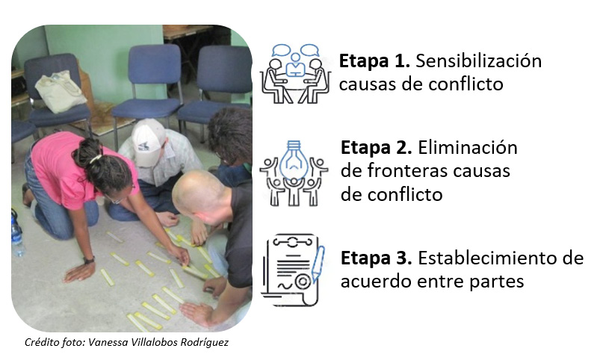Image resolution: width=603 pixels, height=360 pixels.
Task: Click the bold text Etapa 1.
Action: [x=374, y=61]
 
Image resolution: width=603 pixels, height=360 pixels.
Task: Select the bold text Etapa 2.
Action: [x=376, y=148]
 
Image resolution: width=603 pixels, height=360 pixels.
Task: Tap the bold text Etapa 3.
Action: [x=376, y=258]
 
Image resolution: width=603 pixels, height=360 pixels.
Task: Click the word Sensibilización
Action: [x=479, y=61]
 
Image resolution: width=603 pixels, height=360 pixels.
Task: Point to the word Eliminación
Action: [x=468, y=148]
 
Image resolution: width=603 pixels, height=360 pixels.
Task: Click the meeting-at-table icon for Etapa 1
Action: [x=295, y=73]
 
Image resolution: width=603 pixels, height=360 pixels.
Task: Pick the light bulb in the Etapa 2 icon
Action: [x=294, y=160]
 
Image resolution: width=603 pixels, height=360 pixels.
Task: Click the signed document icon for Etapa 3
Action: [x=291, y=270]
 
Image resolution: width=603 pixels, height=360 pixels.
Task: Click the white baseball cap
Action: [x=147, y=142]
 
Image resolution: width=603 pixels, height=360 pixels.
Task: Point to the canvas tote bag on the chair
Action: [x=61, y=91]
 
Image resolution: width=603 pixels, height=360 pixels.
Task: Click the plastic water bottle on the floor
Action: [x=16, y=235]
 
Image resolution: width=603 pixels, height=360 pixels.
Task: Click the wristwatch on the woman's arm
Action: [x=89, y=260]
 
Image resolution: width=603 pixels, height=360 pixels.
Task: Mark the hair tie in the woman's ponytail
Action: [x=96, y=158]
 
